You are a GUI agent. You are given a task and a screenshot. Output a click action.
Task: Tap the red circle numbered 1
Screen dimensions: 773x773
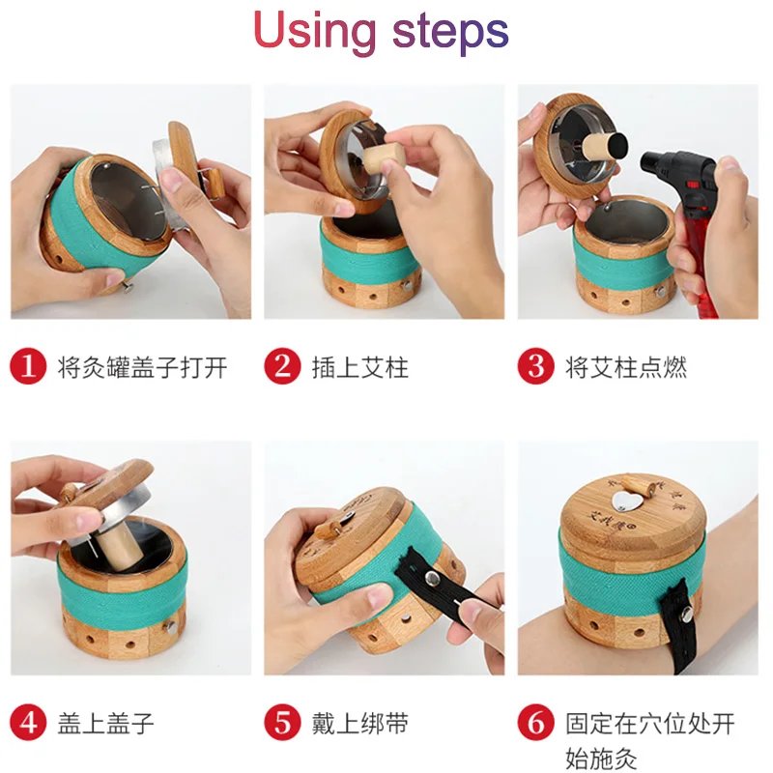point(28,366)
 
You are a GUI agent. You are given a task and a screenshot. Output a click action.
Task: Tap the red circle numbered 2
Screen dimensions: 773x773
point(281,366)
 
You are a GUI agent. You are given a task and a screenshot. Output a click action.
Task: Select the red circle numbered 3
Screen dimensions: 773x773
point(535,366)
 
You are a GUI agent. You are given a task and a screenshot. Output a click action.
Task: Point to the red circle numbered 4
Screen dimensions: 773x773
point(28,723)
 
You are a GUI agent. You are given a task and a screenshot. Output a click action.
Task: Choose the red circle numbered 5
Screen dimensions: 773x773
point(281,723)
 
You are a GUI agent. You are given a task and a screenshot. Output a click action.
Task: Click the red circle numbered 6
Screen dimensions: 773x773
point(535,723)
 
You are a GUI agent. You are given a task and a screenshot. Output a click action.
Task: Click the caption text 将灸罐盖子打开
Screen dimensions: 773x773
point(142,367)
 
